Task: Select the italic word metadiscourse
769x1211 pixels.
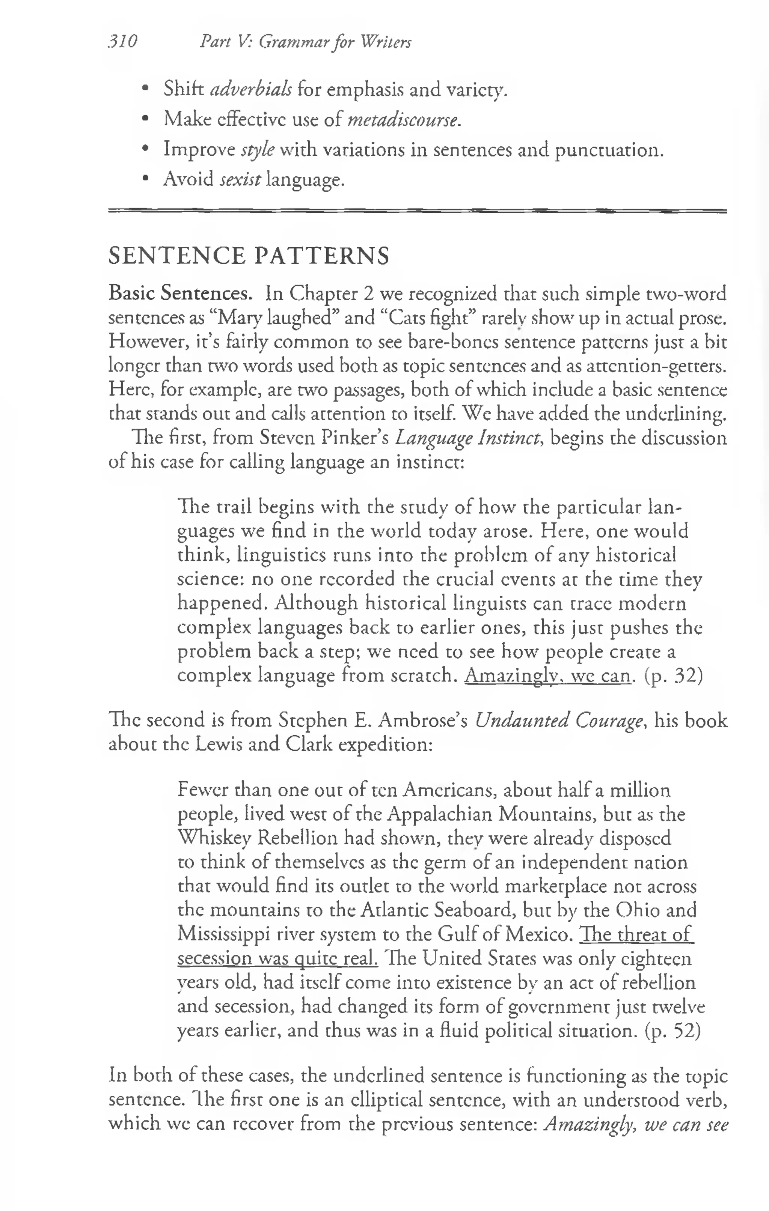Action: click(404, 120)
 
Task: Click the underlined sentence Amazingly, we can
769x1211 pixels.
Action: click(547, 675)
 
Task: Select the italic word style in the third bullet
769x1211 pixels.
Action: click(258, 150)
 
